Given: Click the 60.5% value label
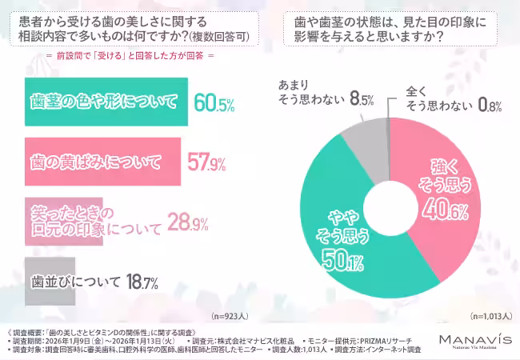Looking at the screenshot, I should click(x=214, y=103).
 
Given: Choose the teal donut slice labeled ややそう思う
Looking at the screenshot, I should click(x=344, y=240).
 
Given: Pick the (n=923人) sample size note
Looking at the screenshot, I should click(x=231, y=316).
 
